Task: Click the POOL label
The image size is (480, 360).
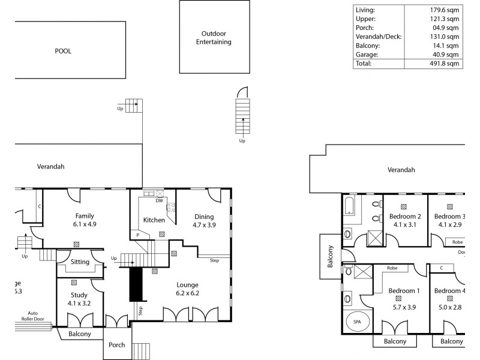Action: point(63,51)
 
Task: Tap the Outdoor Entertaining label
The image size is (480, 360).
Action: point(214,38)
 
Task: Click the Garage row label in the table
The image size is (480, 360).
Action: point(367,53)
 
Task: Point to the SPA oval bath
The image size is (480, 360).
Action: point(357,322)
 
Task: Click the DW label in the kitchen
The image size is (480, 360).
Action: point(159,200)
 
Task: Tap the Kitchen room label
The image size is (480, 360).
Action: point(154,220)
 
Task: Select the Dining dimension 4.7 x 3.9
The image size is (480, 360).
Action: point(204,225)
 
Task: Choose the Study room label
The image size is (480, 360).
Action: point(80,295)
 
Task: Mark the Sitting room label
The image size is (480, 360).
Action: point(80,262)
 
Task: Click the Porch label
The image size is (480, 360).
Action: point(116,345)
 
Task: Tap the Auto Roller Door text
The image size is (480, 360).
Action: point(33,316)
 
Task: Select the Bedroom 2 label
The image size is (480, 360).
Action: point(405,217)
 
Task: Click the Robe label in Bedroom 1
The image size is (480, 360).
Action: point(392,268)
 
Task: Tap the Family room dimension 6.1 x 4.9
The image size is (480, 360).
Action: point(85,224)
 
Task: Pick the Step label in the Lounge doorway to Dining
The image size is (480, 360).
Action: point(214,260)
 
